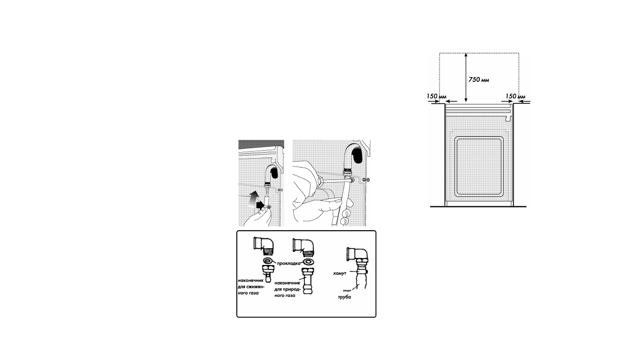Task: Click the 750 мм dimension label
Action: [478, 80]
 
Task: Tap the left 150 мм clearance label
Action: [437, 96]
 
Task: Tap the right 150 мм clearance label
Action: [515, 96]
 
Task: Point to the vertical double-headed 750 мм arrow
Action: [466, 78]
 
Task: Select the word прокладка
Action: [288, 264]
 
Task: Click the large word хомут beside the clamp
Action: [340, 273]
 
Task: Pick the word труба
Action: [345, 297]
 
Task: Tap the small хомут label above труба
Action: [347, 290]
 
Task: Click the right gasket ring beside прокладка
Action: [307, 261]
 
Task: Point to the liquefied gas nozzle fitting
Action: [269, 273]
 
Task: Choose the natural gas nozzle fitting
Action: [308, 280]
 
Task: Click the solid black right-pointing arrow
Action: [260, 205]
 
